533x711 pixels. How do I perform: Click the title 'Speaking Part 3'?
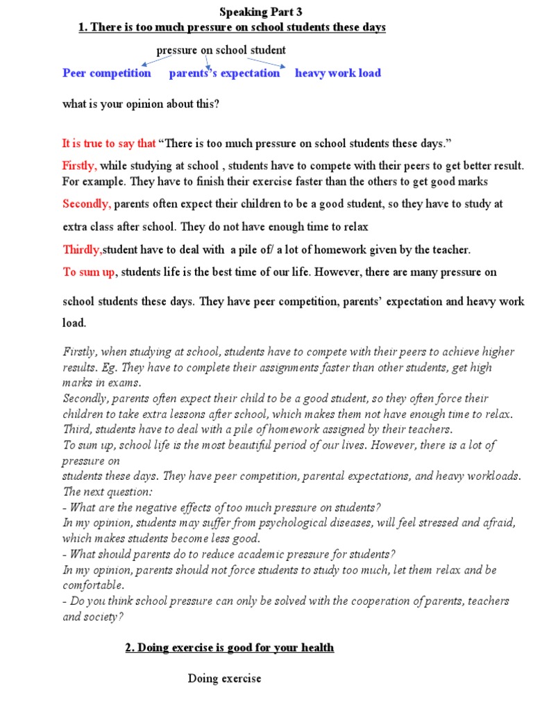point(261,12)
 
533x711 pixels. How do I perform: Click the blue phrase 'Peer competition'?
point(106,73)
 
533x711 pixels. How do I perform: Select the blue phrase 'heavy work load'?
point(337,73)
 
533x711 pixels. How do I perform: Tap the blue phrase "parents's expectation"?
point(224,73)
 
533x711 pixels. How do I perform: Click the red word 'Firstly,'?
point(80,166)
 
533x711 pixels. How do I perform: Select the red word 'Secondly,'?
point(87,204)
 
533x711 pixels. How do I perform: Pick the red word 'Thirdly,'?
point(83,249)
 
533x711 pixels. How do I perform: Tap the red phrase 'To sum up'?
point(89,272)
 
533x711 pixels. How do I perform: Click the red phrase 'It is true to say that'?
point(109,144)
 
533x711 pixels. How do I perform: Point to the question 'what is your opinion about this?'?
point(141,105)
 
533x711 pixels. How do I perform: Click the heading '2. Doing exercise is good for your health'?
point(229,648)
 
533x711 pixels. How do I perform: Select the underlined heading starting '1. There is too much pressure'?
point(231,27)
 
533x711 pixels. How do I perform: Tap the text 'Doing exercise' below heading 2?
point(224,678)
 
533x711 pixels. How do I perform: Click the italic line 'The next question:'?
point(107,492)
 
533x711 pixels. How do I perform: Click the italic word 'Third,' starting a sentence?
point(78,429)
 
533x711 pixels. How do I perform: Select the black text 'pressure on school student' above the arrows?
point(221,50)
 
